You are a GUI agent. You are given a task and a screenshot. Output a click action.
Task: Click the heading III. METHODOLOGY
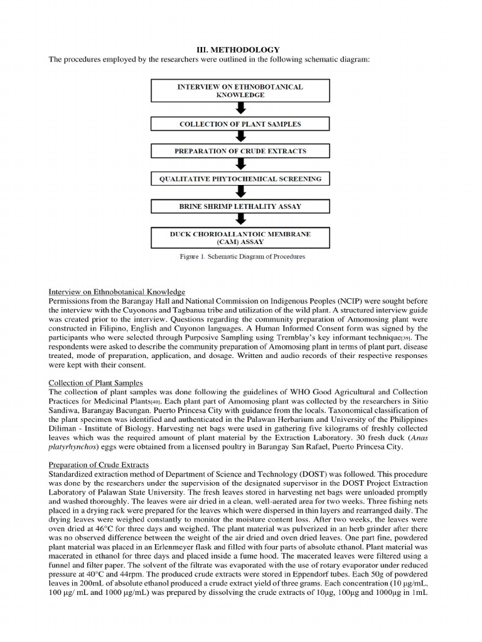[x=240, y=49]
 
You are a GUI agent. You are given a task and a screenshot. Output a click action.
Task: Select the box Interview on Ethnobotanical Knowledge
[x=240, y=91]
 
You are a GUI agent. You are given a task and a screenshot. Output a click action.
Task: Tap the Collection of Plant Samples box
[x=240, y=124]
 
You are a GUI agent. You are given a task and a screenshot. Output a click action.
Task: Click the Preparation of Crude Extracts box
[x=240, y=151]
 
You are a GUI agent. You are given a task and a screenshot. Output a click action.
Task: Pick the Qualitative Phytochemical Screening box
[x=240, y=178]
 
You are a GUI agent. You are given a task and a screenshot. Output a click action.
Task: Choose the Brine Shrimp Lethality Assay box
[x=240, y=205]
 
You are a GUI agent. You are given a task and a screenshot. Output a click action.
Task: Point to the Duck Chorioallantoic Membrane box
[x=240, y=237]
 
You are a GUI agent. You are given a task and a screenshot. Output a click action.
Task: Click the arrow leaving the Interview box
[x=240, y=108]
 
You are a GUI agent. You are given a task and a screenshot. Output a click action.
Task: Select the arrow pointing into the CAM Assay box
[x=240, y=220]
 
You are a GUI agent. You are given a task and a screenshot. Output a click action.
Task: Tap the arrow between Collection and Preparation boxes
[x=240, y=137]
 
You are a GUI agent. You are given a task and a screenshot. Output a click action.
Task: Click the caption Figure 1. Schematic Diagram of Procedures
[x=240, y=256]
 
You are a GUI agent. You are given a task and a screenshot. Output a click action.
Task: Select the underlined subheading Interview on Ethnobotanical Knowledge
[x=117, y=292]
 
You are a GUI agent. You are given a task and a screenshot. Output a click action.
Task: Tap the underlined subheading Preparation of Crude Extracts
[x=98, y=465]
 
